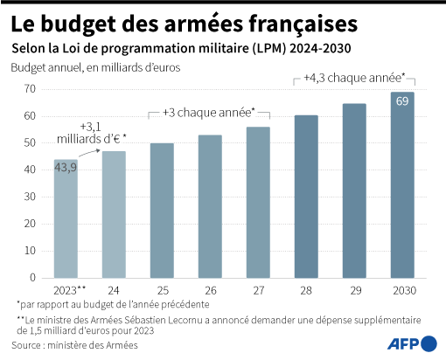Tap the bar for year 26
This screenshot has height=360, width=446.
210,206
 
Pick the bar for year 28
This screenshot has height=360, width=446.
306,197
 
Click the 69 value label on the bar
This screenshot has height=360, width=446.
402,102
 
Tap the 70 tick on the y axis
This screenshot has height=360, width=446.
29,89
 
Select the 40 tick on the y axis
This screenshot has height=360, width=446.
29,170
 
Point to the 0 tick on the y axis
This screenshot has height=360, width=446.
32,278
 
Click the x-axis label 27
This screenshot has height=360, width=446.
258,289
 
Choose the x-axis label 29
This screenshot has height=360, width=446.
354,289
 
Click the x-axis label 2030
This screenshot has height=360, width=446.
401,289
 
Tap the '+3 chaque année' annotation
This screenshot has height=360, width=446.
210,112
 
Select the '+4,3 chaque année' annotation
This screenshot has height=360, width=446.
353,77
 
